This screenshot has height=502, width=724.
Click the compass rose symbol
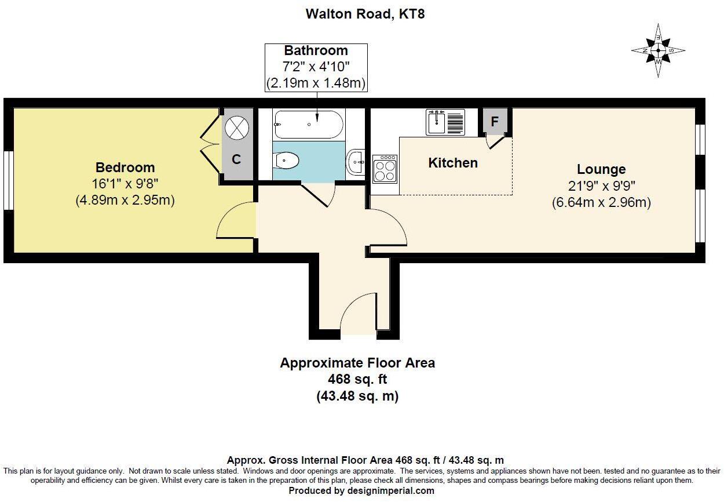click(658, 50)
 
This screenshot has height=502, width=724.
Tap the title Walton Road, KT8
click(365, 14)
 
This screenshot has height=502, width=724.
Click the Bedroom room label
click(125, 168)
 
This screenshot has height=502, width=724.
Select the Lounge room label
click(601, 169)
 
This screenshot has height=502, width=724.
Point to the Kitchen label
click(453, 163)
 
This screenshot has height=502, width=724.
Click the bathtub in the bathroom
click(309, 125)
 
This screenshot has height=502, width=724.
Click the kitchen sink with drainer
click(445, 122)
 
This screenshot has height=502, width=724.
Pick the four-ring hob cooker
click(385, 169)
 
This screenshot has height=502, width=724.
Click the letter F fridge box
click(495, 122)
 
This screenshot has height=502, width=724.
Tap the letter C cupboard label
click(236, 159)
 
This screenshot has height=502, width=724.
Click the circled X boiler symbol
click(236, 128)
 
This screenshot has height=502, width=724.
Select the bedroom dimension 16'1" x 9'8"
click(125, 184)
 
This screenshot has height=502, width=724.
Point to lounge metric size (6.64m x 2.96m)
click(601, 203)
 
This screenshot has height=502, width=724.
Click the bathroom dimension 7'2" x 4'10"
click(316, 67)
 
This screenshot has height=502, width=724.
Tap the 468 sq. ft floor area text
click(357, 380)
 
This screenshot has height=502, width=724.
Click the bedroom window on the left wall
click(9, 180)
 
